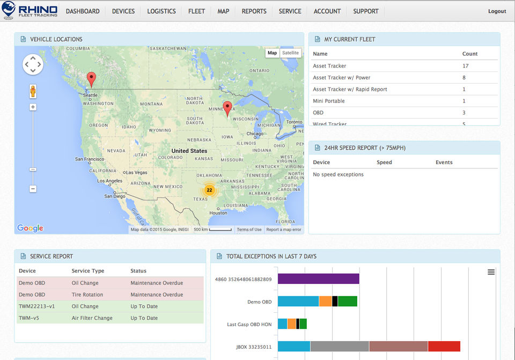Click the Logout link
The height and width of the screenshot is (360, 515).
pyautogui.click(x=497, y=11)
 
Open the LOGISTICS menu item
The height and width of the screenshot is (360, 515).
pyautogui.click(x=161, y=11)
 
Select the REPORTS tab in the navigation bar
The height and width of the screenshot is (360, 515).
pyautogui.click(x=254, y=11)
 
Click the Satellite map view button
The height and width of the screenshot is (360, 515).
pyautogui.click(x=291, y=53)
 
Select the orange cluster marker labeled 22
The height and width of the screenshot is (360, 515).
pyautogui.click(x=209, y=190)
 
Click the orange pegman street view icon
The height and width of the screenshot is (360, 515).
pyautogui.click(x=33, y=91)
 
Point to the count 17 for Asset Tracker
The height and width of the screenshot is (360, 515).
pyautogui.click(x=465, y=66)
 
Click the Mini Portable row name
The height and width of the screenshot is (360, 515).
pyautogui.click(x=329, y=101)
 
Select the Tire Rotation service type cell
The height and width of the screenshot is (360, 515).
pyautogui.click(x=87, y=295)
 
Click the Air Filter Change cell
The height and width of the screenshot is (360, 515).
pyautogui.click(x=92, y=318)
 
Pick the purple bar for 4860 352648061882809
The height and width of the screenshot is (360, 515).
pyautogui.click(x=318, y=279)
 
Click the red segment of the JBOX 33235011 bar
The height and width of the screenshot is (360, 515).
pyautogui.click(x=444, y=347)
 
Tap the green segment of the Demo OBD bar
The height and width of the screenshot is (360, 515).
pyautogui.click(x=348, y=302)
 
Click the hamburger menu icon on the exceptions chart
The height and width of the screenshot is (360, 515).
pyautogui.click(x=491, y=272)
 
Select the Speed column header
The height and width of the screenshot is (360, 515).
pyautogui.click(x=384, y=162)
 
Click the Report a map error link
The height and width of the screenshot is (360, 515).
pyautogui.click(x=284, y=230)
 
